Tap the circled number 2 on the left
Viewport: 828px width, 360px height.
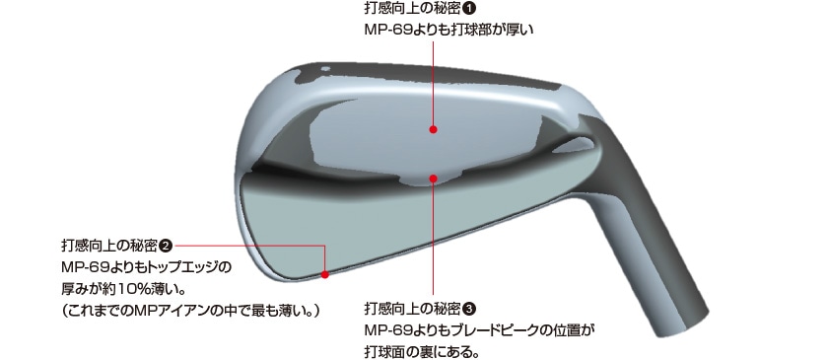click(x=166, y=245)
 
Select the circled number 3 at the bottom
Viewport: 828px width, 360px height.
click(x=469, y=307)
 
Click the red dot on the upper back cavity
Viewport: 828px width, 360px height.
click(x=434, y=127)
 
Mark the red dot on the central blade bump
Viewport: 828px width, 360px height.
click(x=435, y=179)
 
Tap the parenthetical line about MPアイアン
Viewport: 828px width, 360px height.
click(x=192, y=311)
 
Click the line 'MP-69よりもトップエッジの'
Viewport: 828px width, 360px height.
click(x=145, y=267)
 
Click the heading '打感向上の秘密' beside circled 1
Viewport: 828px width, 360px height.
click(x=411, y=9)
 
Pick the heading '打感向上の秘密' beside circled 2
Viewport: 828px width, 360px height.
click(x=107, y=245)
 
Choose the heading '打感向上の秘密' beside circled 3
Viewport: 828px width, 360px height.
click(x=411, y=307)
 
